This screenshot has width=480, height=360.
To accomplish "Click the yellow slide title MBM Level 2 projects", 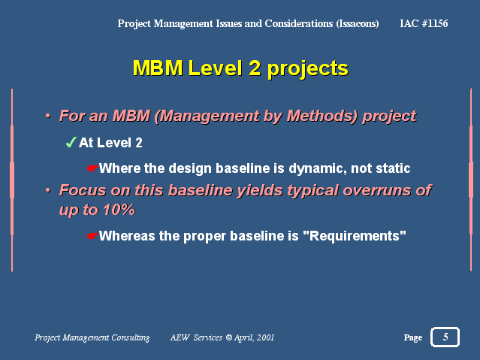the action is click(x=240, y=68).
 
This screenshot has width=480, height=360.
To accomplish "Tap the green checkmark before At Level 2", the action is click(x=71, y=143).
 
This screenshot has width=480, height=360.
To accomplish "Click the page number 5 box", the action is click(x=445, y=337).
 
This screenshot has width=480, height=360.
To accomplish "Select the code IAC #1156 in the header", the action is click(x=424, y=23).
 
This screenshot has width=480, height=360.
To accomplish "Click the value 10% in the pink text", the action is click(x=119, y=210).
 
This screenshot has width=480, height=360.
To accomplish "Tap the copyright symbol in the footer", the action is click(x=228, y=337).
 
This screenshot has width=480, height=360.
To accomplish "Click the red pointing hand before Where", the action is click(x=92, y=168).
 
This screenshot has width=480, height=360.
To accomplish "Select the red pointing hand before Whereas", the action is click(x=92, y=236).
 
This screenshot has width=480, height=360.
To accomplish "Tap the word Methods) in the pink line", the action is click(x=322, y=116).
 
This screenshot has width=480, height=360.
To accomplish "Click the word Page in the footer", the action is click(x=413, y=337).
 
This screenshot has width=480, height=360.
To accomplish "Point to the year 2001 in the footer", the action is click(x=265, y=337).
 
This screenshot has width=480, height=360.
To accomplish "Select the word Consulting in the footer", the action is click(x=131, y=337).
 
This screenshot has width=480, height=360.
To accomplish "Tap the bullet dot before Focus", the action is click(x=48, y=190).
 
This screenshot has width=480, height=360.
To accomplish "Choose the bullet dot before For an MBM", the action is click(x=48, y=116).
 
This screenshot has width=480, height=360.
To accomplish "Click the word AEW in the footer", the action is click(x=180, y=337).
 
